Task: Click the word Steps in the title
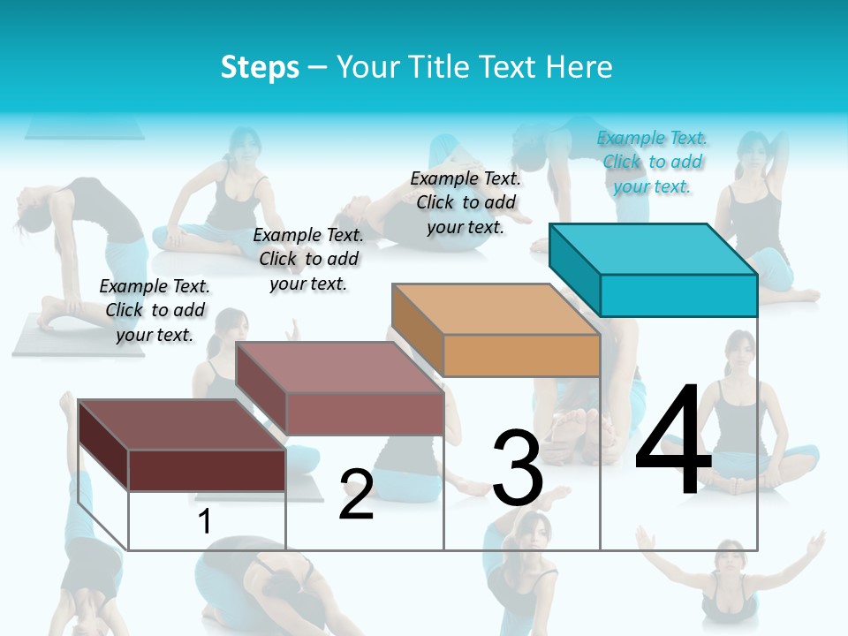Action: coord(260,67)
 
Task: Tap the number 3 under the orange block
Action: coord(518,467)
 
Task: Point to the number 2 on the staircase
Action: coord(356,495)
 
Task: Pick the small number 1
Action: coord(204,521)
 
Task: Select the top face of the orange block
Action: coord(495,308)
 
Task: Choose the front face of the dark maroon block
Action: coord(207,470)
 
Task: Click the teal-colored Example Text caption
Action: coord(652,162)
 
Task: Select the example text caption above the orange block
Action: coord(466,202)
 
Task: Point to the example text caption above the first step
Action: coord(155,310)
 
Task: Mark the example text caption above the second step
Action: coord(308,259)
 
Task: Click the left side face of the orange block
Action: coord(418,330)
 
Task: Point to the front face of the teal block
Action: coord(678,295)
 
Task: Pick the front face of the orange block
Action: coord(521,355)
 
